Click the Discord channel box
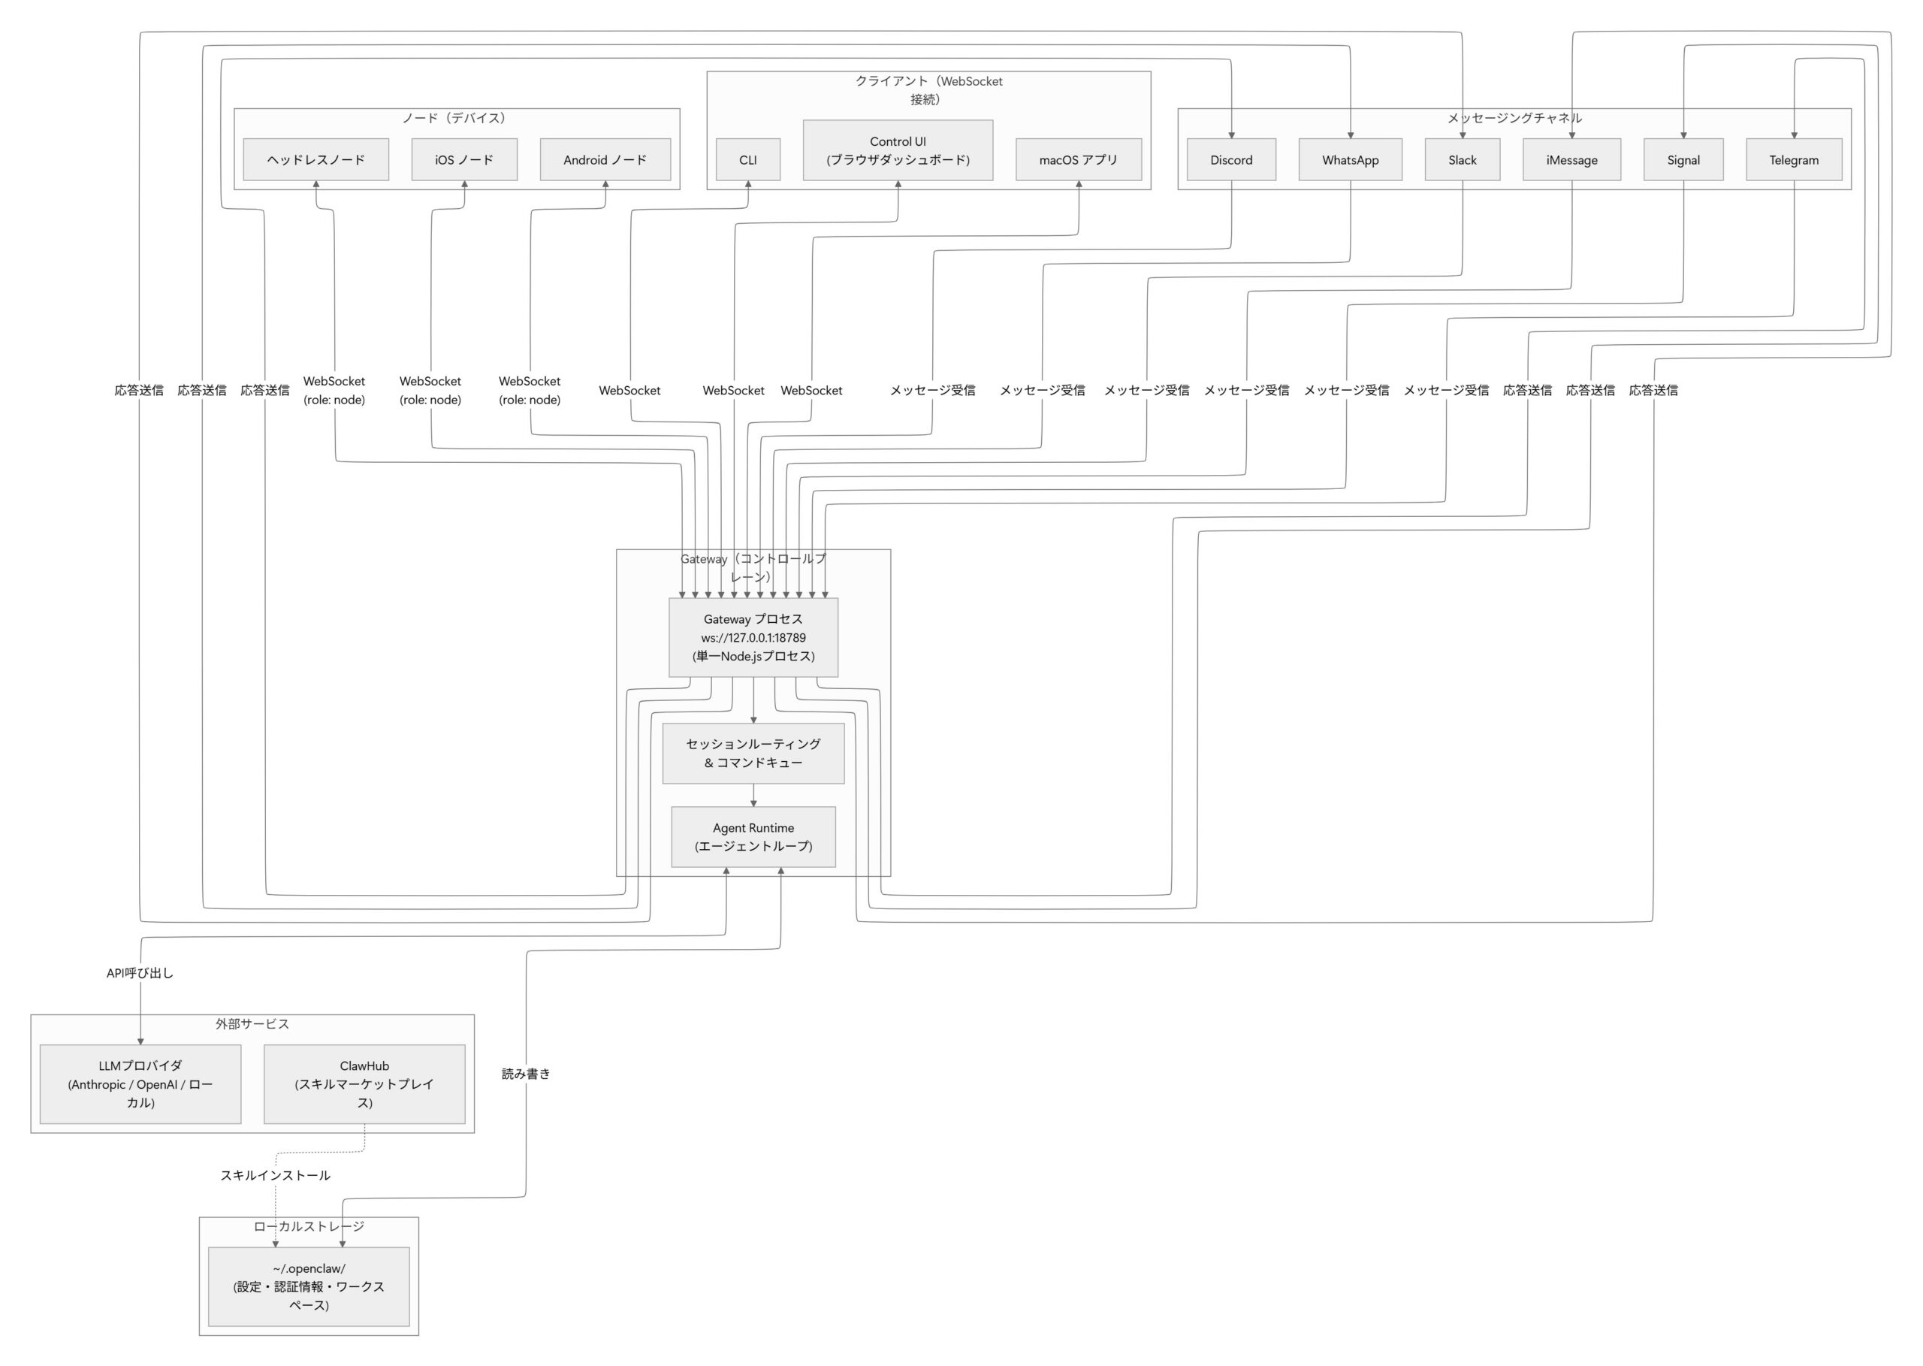(x=1231, y=160)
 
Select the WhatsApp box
(x=1350, y=160)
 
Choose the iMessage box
(x=1571, y=160)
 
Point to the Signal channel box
(x=1683, y=160)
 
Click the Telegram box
(x=1794, y=160)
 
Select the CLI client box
(x=747, y=160)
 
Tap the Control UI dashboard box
(x=897, y=150)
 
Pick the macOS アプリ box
(x=1078, y=160)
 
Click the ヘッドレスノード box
(x=315, y=160)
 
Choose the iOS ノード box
(x=463, y=160)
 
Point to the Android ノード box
(x=605, y=160)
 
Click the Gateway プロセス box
(x=753, y=638)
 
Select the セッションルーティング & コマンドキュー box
(x=753, y=754)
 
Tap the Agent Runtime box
(x=753, y=837)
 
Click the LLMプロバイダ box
(x=140, y=1084)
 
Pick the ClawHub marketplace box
(x=364, y=1084)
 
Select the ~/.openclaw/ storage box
(x=309, y=1287)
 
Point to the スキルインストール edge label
(x=275, y=1176)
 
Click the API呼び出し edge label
(x=140, y=973)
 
